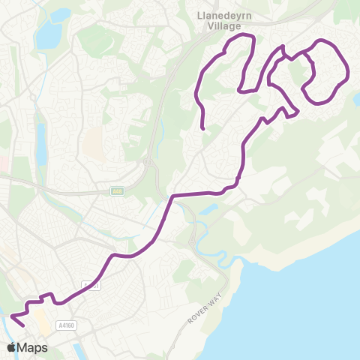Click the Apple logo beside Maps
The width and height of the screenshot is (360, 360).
coord(12,347)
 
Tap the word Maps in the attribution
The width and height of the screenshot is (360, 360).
coord(32,347)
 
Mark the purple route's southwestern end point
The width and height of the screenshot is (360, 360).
coord(24,326)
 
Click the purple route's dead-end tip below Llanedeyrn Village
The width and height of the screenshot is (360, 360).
coord(204,129)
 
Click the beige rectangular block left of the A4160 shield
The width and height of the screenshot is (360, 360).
coord(43,325)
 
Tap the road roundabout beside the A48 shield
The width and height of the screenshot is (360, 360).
coord(150,161)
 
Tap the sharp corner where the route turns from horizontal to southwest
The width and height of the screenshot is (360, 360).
coord(173,196)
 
